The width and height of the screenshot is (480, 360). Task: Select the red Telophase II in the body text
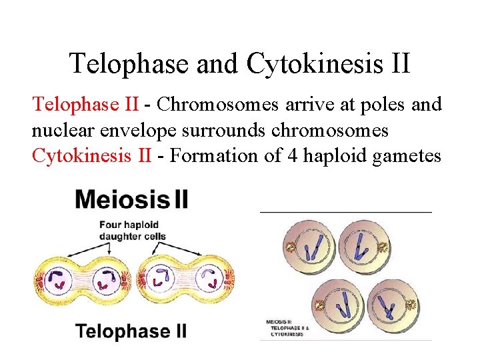[x=85, y=105]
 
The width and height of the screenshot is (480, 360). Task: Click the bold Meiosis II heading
[x=132, y=199]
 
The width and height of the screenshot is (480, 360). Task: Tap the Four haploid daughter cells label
[x=133, y=230]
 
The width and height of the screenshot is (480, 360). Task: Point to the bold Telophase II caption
[x=131, y=331]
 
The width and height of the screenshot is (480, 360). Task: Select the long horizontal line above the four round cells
[x=345, y=211]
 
